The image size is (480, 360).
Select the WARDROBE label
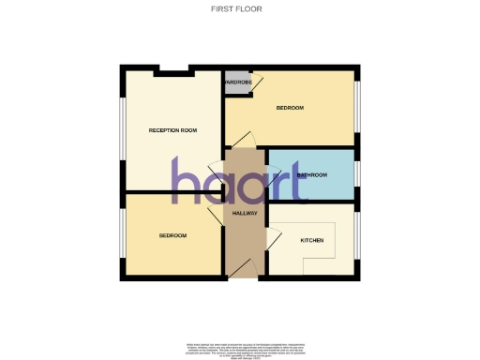coord(237,82)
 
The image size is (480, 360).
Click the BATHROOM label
coord(311,175)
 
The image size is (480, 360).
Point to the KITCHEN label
coord(312,241)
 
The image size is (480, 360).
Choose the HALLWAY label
coord(245,214)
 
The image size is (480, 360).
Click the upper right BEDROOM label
coord(290,109)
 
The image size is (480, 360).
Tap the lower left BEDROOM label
coord(172,235)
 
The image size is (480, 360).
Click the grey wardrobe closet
coord(237,79)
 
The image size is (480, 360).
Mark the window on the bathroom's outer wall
coord(357,174)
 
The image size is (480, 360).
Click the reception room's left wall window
coord(121,131)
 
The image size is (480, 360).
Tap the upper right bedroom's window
coord(357,108)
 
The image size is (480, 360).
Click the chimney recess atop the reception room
coord(170,70)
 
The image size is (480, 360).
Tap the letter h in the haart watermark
coord(184,181)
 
